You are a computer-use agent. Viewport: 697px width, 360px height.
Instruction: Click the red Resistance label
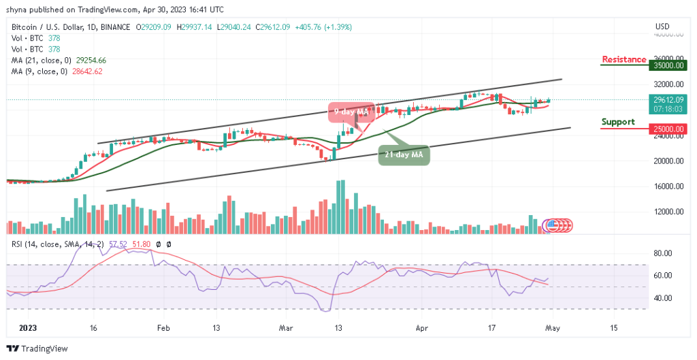[623, 59]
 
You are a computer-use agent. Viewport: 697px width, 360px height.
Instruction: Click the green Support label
[618, 122]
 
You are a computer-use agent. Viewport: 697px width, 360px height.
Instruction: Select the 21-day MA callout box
[404, 154]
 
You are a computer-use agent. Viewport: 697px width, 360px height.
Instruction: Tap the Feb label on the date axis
[163, 327]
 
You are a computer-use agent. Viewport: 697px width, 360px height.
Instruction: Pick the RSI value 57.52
[118, 243]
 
